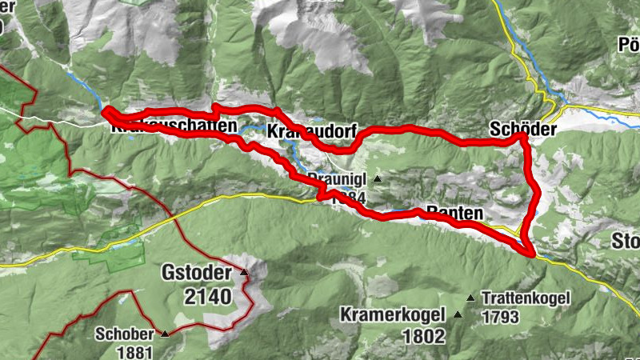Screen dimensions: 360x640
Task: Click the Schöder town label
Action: (516, 128)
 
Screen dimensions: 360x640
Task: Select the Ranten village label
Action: (456, 214)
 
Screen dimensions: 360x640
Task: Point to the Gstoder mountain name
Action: (198, 273)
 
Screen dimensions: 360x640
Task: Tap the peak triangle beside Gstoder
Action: (244, 274)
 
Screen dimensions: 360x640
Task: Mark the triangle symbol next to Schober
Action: (164, 334)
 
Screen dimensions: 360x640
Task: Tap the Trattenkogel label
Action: (525, 299)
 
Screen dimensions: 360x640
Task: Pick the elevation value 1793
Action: (500, 317)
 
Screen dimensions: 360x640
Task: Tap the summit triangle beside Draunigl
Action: (377, 179)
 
